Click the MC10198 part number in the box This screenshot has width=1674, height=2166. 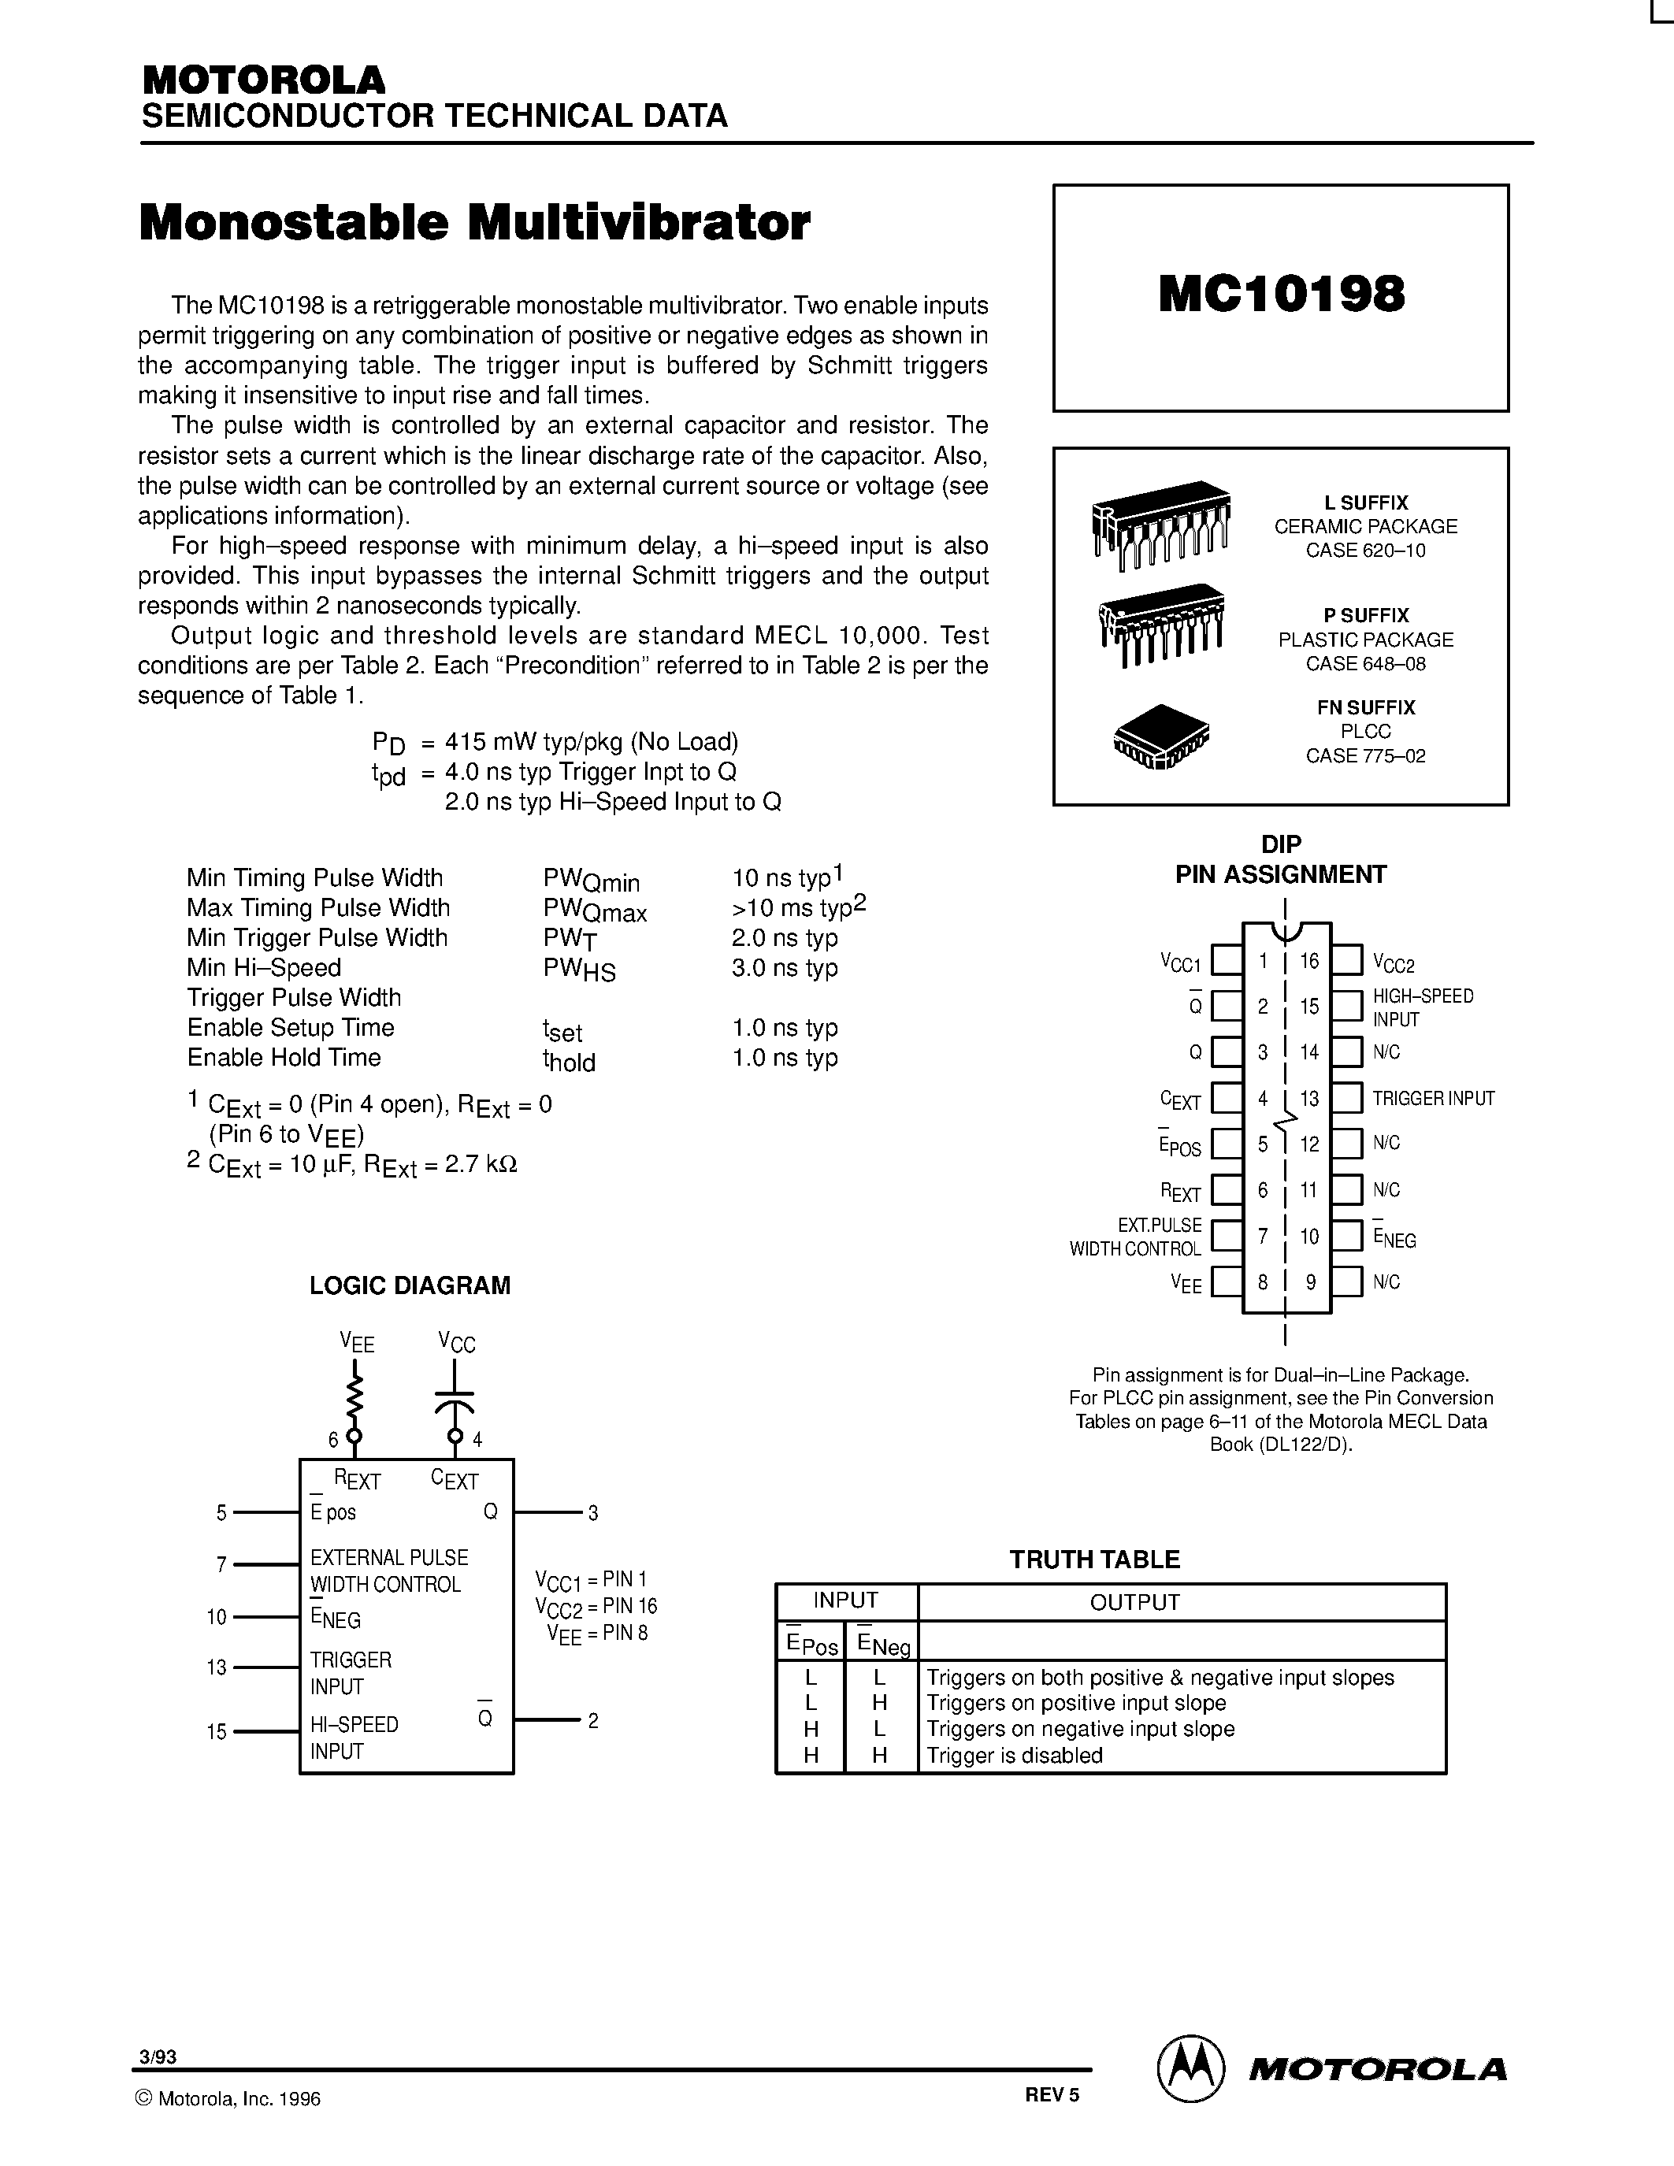point(1280,294)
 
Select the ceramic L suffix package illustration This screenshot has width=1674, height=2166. point(1160,525)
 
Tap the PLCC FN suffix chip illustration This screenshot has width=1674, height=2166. point(1161,736)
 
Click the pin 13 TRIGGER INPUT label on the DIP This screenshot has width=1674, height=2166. point(1433,1098)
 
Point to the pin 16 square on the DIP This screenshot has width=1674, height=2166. point(1346,960)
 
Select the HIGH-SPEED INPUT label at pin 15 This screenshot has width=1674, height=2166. point(1422,1007)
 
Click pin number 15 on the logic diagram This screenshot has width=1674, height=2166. point(216,1731)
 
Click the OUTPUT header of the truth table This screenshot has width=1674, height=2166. point(1134,1602)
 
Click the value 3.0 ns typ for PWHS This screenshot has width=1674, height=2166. point(785,968)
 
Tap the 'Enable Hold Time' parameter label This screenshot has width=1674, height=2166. point(284,1057)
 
